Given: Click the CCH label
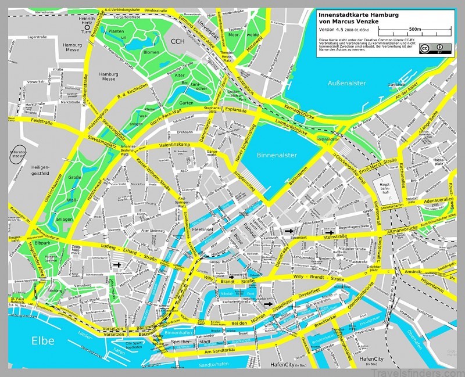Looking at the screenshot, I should (178, 40).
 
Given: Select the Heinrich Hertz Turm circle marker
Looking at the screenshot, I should (88, 26).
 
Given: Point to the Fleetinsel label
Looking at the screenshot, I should (204, 231).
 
